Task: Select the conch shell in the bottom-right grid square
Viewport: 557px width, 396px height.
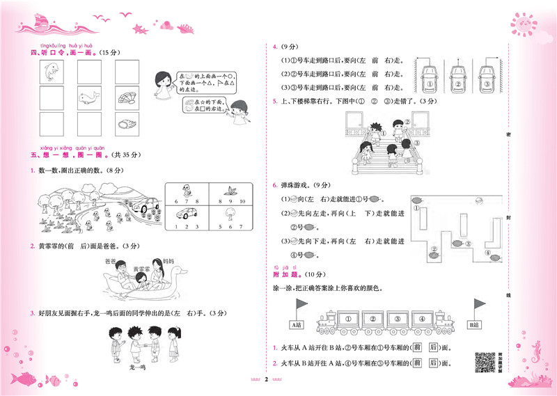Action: coord(126,125)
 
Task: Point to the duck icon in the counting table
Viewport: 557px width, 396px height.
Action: coord(186,189)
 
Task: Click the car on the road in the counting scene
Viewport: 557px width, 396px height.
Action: coord(149,206)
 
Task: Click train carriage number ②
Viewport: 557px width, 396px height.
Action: coord(373,320)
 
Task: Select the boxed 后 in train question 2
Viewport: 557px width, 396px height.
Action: coord(435,363)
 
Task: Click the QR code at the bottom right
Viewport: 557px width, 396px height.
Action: coord(485,362)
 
